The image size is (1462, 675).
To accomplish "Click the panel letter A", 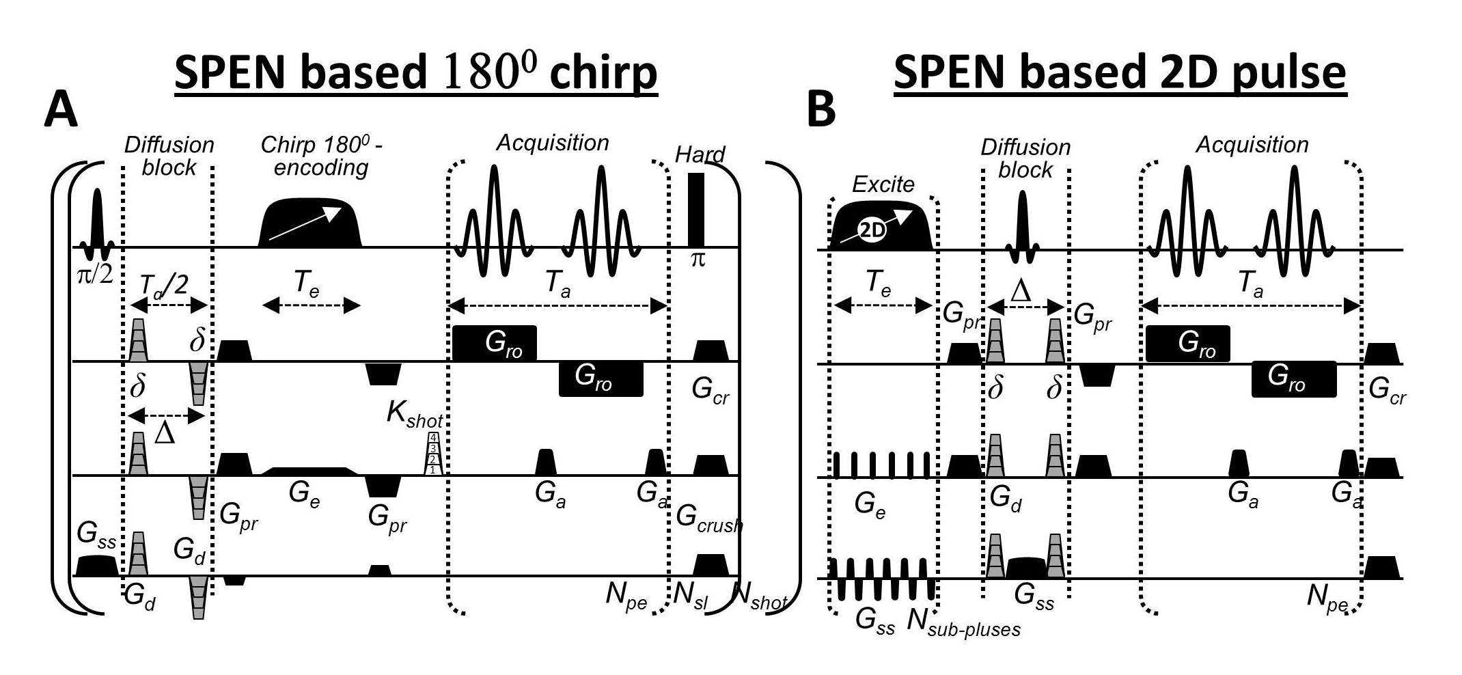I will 61,111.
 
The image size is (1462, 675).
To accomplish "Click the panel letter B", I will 821,109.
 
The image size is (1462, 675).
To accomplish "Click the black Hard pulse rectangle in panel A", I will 695,209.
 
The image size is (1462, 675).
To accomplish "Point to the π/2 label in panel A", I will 95,273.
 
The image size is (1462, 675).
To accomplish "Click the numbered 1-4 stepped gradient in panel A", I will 432,453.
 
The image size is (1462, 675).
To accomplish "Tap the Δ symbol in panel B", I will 1021,291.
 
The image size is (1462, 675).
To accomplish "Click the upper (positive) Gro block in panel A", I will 494,343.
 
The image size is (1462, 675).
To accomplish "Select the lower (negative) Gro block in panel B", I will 1293,379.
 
